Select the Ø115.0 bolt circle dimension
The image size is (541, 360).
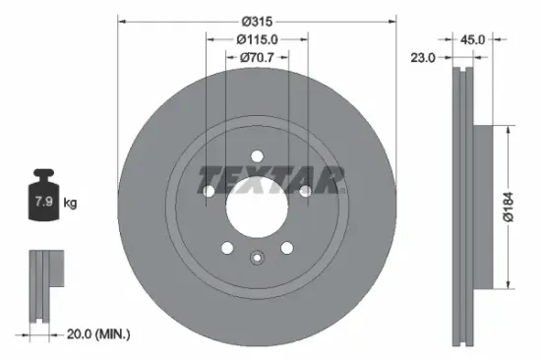point(257,38)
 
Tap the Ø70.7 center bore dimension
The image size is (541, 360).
point(257,59)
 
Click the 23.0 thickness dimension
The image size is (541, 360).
point(423,59)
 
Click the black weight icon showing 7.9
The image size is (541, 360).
point(43,201)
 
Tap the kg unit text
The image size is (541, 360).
point(71,204)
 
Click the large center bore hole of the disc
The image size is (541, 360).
point(256,208)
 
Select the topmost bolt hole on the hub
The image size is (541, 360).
point(256,155)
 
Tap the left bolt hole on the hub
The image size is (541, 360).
point(208,191)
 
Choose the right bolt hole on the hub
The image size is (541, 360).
point(305,191)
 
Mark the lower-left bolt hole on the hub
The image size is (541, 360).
point(226,248)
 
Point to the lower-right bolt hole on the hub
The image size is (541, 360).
point(286,248)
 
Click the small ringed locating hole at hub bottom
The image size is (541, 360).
point(256,260)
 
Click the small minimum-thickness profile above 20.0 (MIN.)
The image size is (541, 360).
point(43,284)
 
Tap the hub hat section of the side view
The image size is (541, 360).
point(484,208)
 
